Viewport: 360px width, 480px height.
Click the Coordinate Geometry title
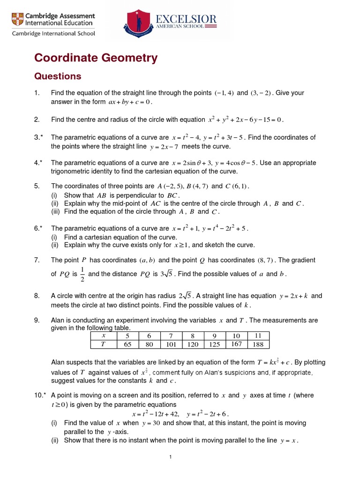point(96,58)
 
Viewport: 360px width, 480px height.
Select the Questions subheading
point(58,76)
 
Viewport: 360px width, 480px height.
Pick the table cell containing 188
point(259,344)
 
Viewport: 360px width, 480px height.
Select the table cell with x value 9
point(214,336)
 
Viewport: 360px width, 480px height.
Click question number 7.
point(37,260)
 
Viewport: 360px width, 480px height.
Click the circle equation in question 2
point(245,120)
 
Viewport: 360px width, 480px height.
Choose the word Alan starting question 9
point(58,320)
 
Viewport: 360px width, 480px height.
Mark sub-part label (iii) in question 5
point(55,211)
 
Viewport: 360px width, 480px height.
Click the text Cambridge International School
point(53,33)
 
